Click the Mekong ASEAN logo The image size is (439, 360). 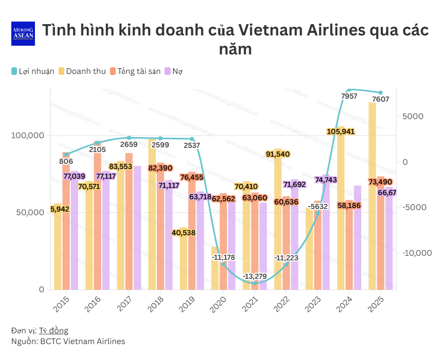tap(23, 34)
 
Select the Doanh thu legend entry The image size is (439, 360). tap(82, 71)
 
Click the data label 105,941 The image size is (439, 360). tap(341, 131)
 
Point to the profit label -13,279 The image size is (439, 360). tap(255, 276)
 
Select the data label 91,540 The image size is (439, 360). tap(278, 154)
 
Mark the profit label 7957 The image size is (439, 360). tap(349, 96)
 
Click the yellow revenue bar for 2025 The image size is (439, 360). tap(372, 195)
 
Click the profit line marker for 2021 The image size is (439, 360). tap(255, 283)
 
